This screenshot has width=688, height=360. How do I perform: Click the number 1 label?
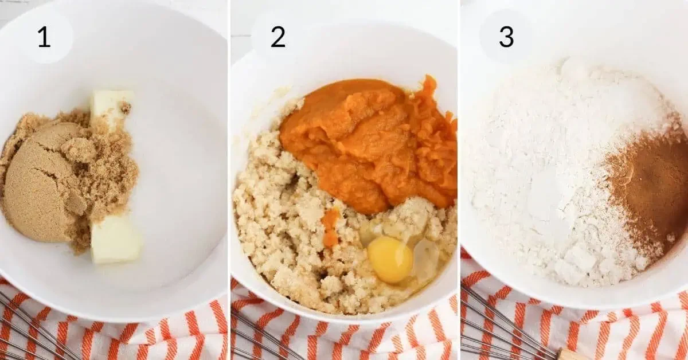click(x=44, y=37)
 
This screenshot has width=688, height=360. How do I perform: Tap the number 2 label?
click(x=278, y=37)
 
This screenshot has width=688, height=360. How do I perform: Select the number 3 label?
click(x=506, y=37)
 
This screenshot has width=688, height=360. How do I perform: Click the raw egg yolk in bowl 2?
click(x=390, y=260)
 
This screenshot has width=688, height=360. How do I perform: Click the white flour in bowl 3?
click(x=550, y=172)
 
